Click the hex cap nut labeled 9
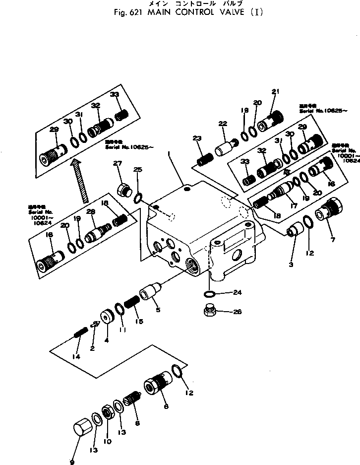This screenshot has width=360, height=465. (x=81, y=428)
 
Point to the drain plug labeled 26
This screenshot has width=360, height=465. (x=209, y=312)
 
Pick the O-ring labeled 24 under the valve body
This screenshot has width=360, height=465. (x=209, y=294)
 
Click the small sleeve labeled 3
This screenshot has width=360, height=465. (x=296, y=231)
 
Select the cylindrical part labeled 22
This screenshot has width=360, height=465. (x=226, y=147)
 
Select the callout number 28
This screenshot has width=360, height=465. (x=91, y=213)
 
